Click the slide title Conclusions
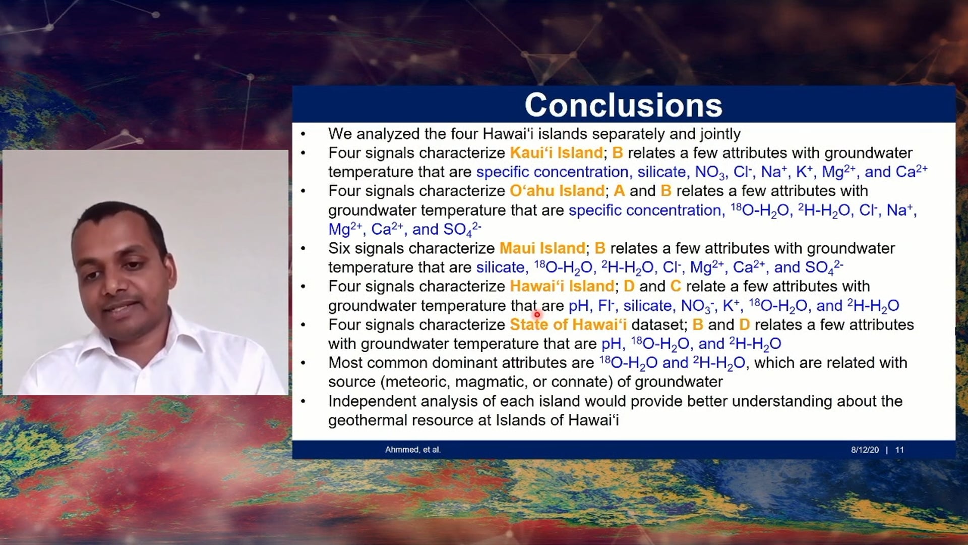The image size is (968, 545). coord(623,105)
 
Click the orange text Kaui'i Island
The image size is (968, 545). coord(556,153)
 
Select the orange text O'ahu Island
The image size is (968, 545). coord(557,191)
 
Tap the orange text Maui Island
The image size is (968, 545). coord(542,248)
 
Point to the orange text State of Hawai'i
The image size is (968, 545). coord(568,324)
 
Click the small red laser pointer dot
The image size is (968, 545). coord(537,315)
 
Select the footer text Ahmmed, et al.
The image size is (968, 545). coord(412,450)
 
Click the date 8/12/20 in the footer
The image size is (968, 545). coord(865,450)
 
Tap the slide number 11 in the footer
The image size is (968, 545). coord(899,450)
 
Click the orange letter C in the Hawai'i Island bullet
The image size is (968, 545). coord(676,286)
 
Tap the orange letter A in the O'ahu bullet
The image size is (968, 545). coord(619,191)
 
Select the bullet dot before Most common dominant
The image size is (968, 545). coord(303,363)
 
